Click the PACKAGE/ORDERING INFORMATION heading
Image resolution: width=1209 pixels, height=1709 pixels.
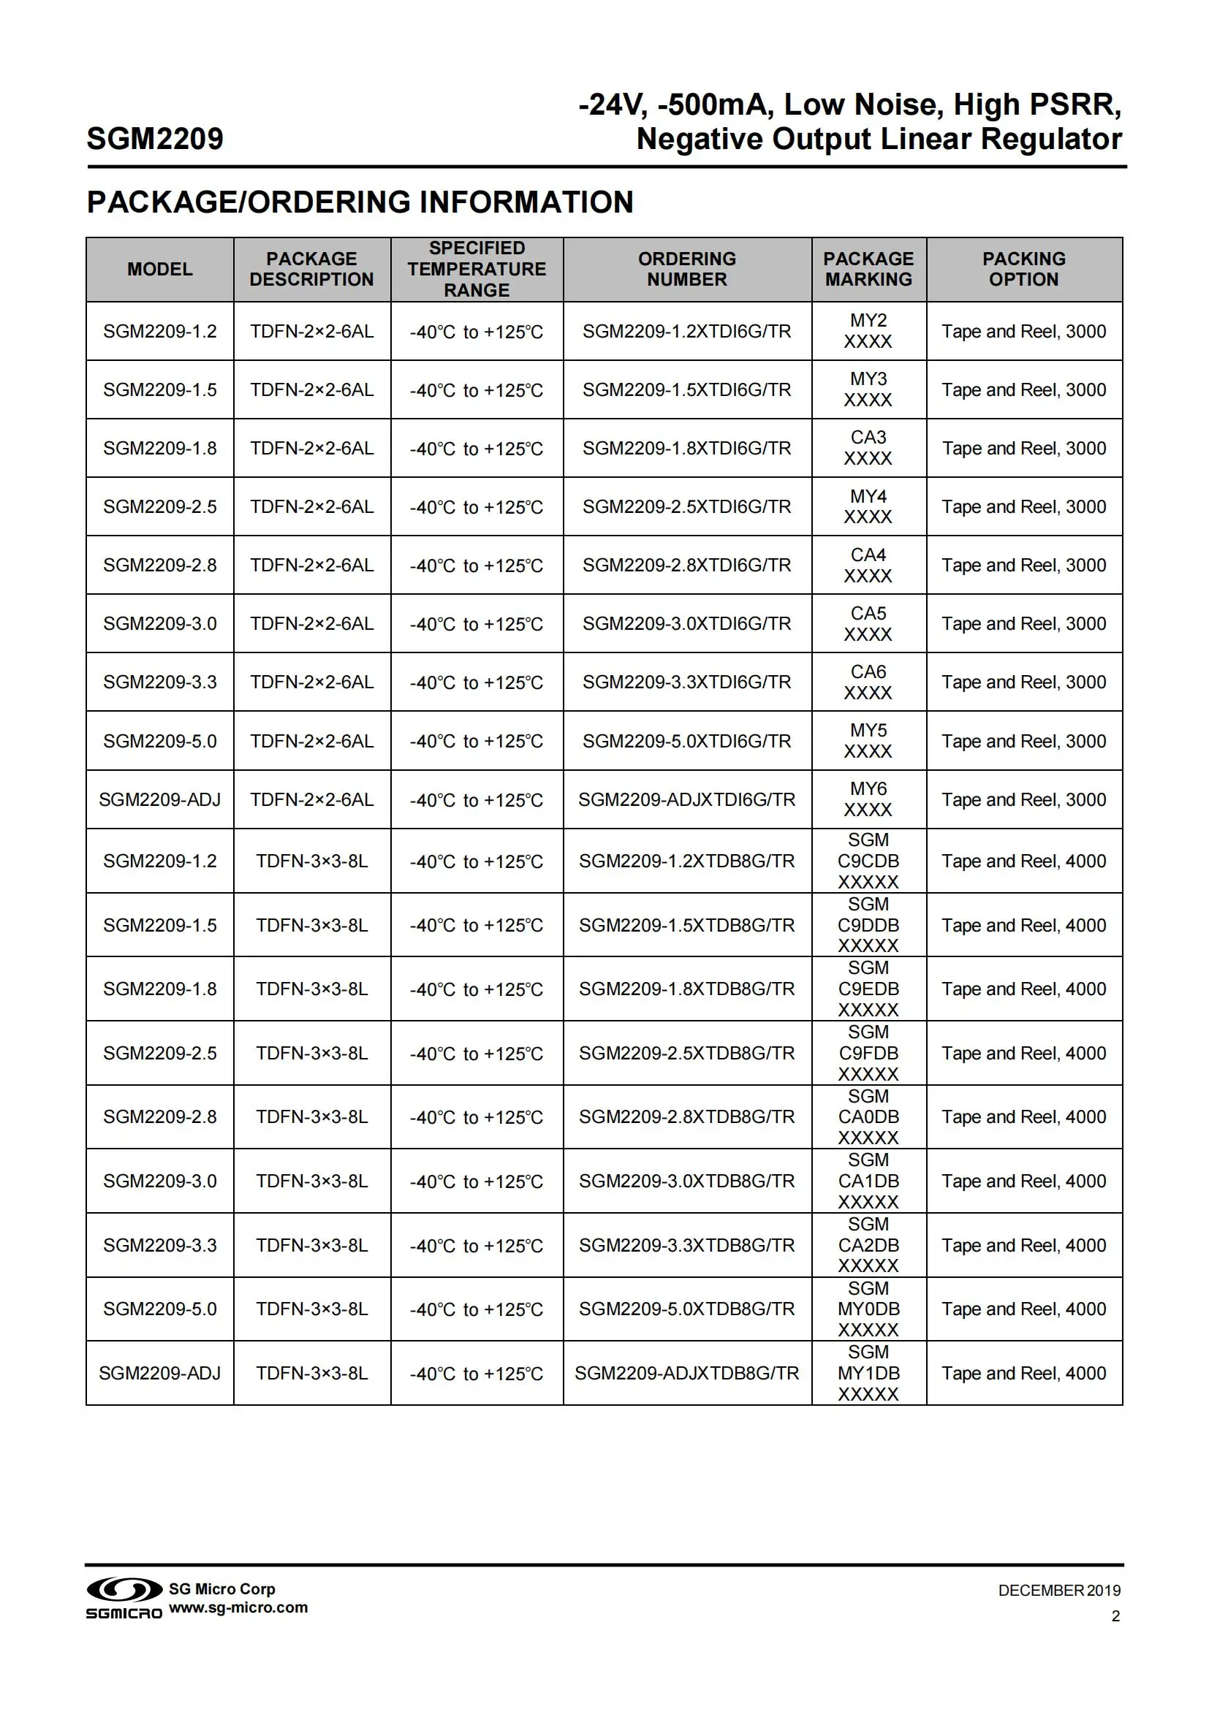[360, 202]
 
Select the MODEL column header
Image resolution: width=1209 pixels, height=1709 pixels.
[159, 270]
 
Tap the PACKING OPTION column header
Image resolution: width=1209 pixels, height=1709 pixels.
[1023, 270]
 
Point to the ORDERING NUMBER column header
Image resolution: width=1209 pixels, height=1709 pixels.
[686, 270]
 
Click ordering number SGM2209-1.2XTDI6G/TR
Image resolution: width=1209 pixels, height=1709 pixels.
[686, 331]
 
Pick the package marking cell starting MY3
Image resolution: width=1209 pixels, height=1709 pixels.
[868, 389]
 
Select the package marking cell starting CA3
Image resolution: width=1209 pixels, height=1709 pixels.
[868, 447]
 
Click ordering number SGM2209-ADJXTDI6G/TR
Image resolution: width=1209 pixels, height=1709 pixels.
[686, 799]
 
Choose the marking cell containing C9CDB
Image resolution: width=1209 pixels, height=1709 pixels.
[868, 861]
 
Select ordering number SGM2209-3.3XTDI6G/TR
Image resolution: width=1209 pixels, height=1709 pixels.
[686, 682]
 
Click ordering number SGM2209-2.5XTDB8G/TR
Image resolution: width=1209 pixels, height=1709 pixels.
[686, 1054]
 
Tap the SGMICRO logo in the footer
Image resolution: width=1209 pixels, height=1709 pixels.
[124, 1598]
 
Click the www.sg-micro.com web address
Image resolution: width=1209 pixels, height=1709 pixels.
[238, 1607]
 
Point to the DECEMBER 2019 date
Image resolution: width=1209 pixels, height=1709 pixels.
[1058, 1591]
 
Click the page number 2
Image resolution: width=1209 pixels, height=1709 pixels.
[1115, 1616]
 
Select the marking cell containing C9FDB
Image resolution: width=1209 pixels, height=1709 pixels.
[868, 1054]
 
